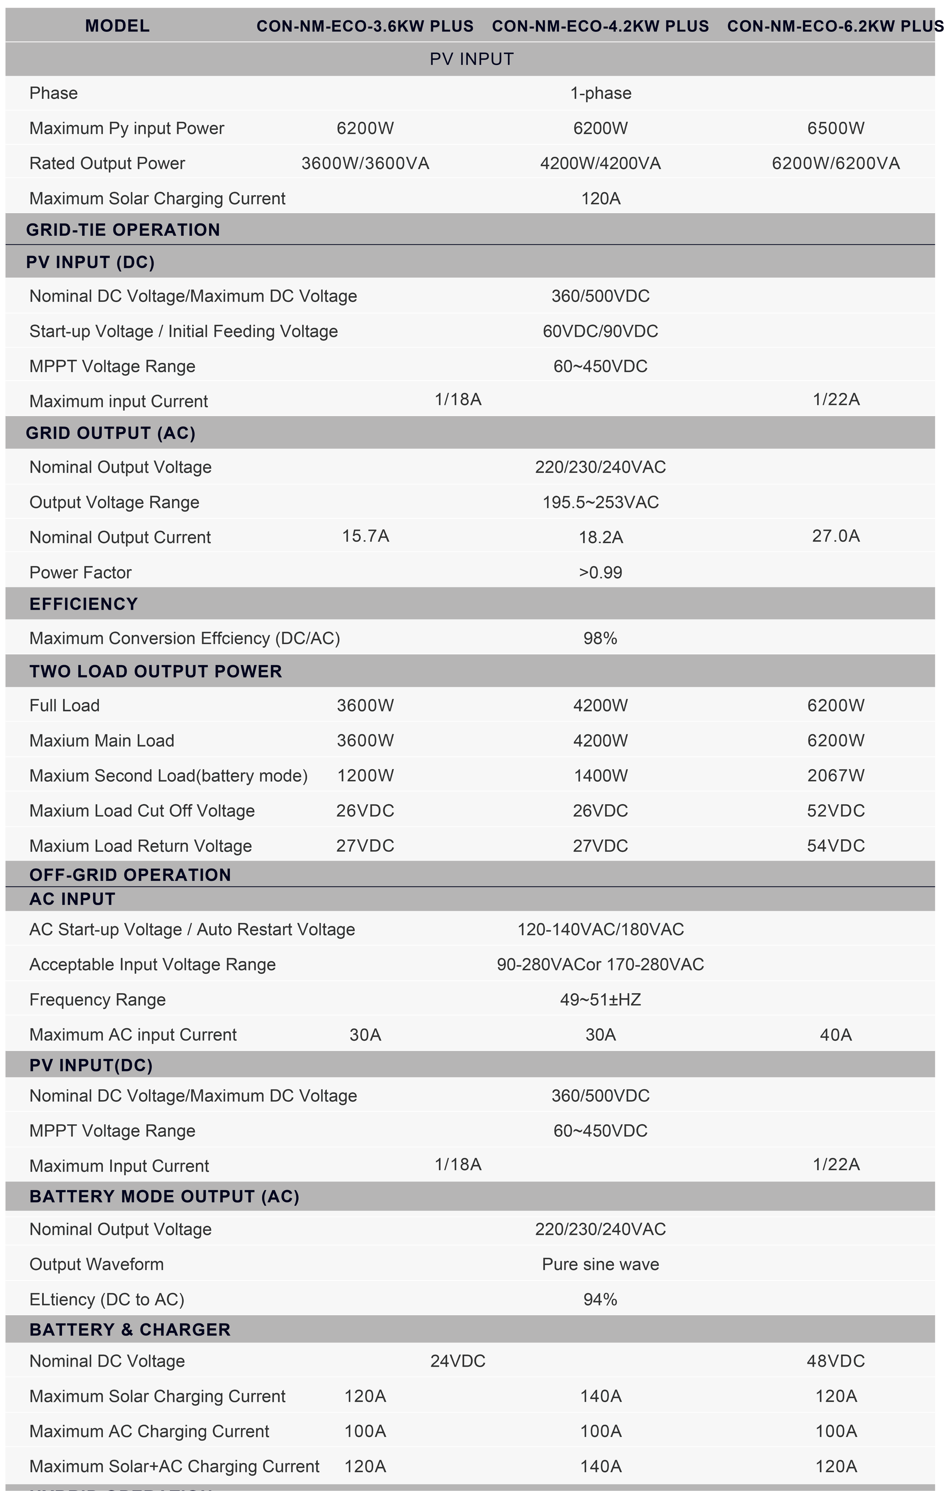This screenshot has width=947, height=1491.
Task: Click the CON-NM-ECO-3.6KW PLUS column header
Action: (x=365, y=26)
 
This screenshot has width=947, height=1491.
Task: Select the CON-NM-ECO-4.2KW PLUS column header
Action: (x=600, y=26)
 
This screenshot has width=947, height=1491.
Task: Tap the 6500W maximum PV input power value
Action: (x=835, y=128)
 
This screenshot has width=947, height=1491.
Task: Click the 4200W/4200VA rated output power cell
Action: (x=600, y=163)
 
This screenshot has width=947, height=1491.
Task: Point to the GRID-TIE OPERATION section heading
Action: (x=123, y=230)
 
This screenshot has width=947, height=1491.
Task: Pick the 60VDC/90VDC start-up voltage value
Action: (x=600, y=331)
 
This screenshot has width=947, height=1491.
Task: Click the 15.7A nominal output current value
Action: (x=365, y=536)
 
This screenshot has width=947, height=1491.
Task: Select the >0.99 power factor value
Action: (x=600, y=572)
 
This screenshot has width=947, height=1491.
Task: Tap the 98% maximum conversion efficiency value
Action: (x=600, y=638)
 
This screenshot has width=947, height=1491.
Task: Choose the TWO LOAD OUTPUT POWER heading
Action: (x=156, y=671)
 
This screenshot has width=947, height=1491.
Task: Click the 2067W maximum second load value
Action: (x=835, y=775)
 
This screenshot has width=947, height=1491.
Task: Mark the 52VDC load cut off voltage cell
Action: (x=835, y=810)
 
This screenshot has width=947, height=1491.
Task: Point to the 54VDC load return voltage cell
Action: (x=835, y=846)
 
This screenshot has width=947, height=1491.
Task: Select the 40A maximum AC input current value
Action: (x=835, y=1035)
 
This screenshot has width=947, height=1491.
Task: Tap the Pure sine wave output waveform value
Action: (x=600, y=1264)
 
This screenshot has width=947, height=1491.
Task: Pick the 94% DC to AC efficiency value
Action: (x=600, y=1300)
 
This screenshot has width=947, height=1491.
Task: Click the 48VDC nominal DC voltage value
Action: (x=835, y=1361)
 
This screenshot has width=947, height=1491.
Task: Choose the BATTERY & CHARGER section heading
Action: (x=130, y=1329)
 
